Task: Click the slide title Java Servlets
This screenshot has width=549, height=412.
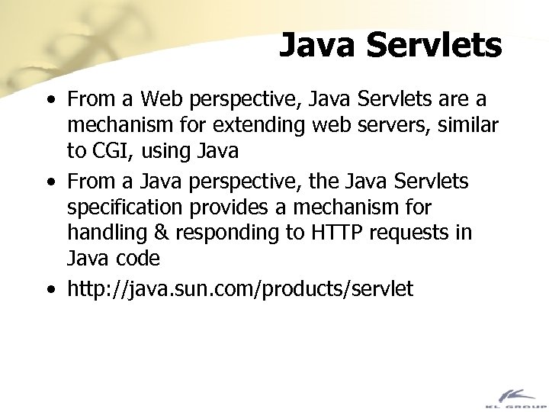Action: (x=390, y=45)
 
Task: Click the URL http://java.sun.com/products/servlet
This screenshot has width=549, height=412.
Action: (x=239, y=289)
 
